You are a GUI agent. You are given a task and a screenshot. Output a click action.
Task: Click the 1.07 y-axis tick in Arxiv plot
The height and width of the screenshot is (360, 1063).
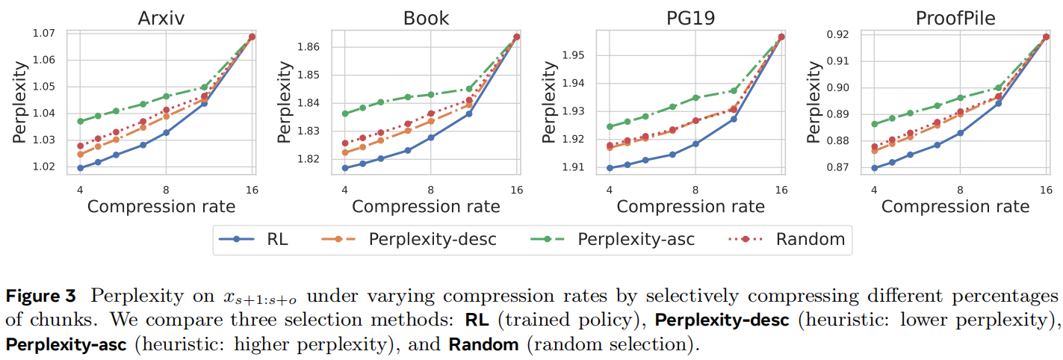pyautogui.click(x=45, y=33)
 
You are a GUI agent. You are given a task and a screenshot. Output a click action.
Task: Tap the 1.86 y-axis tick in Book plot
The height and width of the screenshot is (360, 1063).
pyautogui.click(x=309, y=47)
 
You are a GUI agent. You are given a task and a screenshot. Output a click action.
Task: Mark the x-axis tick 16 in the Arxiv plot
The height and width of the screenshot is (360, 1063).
pyautogui.click(x=252, y=190)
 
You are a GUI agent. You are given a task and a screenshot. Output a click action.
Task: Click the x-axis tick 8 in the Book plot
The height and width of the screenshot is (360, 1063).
pyautogui.click(x=430, y=190)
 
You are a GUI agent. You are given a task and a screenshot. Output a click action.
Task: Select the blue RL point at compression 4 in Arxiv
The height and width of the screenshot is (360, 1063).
pyautogui.click(x=80, y=168)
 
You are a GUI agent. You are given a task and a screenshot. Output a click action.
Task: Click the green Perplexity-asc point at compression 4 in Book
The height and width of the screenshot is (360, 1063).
pyautogui.click(x=345, y=114)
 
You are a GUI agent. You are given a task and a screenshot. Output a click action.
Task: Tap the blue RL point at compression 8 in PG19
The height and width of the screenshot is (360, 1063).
pyautogui.click(x=695, y=144)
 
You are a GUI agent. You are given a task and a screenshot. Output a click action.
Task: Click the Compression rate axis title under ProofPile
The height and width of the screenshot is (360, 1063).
pyautogui.click(x=955, y=206)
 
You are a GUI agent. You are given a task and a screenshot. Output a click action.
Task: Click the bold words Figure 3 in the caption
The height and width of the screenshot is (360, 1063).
pyautogui.click(x=41, y=296)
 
